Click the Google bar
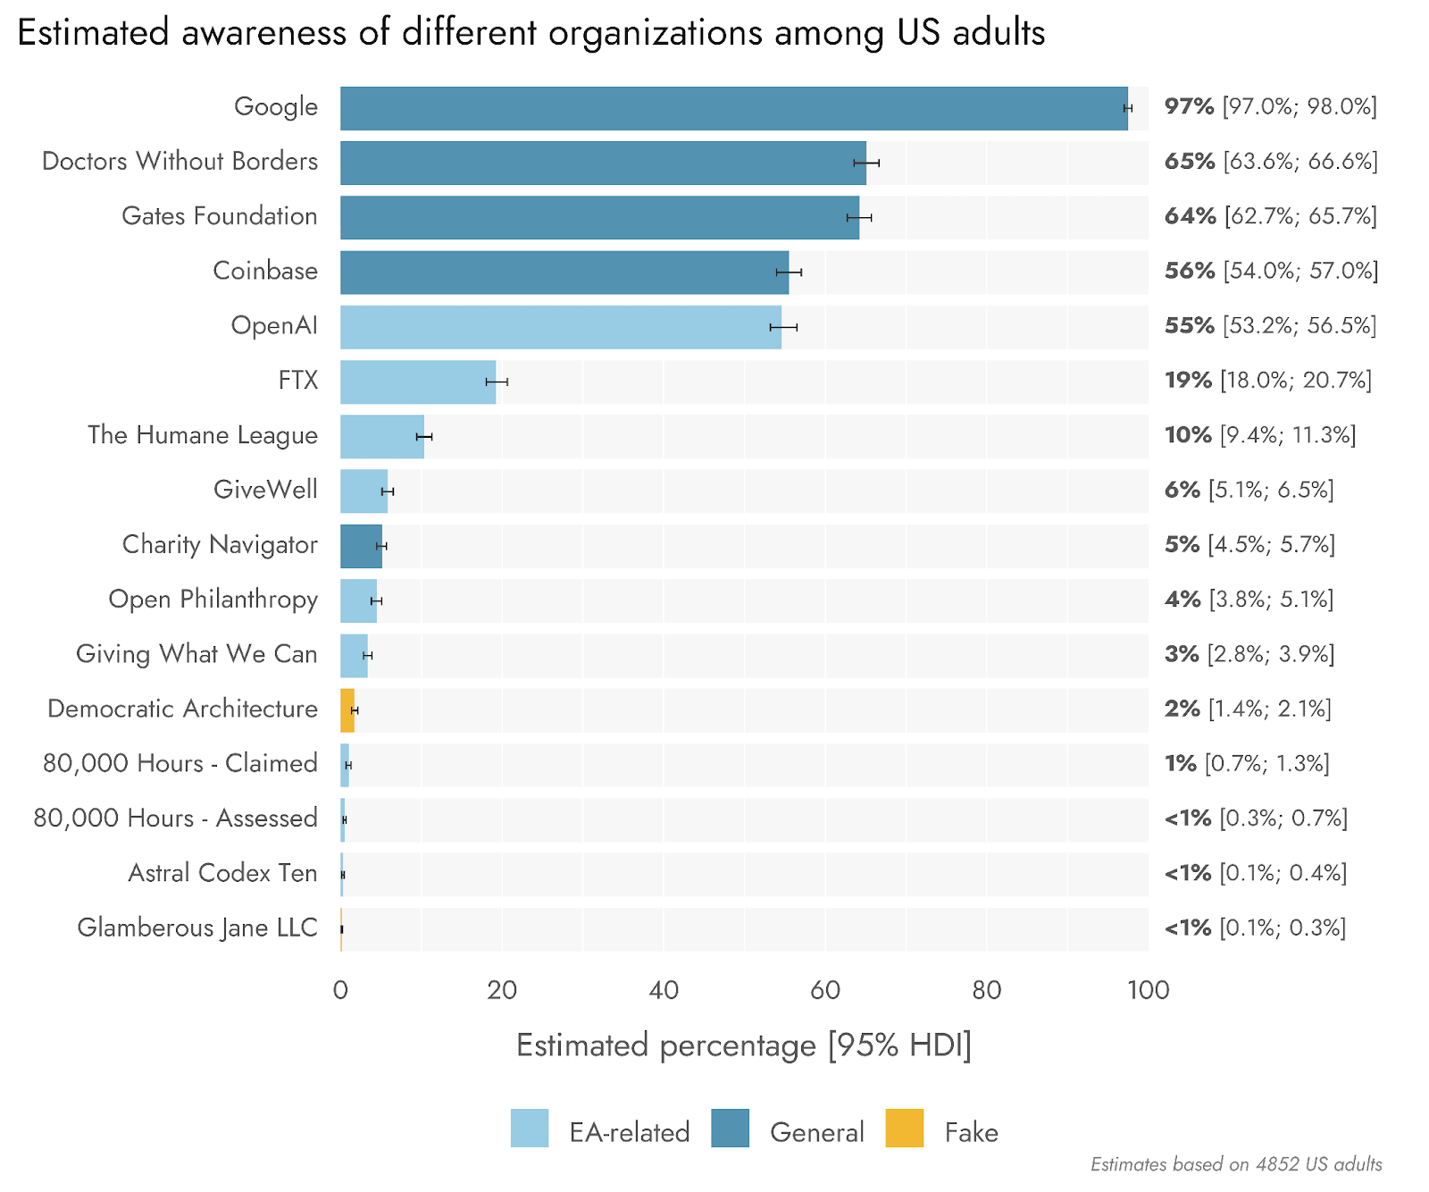(732, 108)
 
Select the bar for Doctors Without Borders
(603, 163)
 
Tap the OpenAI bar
(560, 327)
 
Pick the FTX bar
(417, 382)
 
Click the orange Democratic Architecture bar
(347, 710)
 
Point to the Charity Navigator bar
(361, 546)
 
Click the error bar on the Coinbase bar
(789, 272)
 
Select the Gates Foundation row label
(219, 216)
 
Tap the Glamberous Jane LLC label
(196, 928)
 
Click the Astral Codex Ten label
(222, 873)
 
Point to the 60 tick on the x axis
(825, 990)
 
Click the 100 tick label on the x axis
(1148, 990)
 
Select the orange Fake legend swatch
(904, 1128)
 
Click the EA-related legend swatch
(530, 1128)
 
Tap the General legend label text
(816, 1132)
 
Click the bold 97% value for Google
(1189, 106)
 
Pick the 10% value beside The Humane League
(1188, 435)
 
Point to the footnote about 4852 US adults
(1236, 1164)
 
